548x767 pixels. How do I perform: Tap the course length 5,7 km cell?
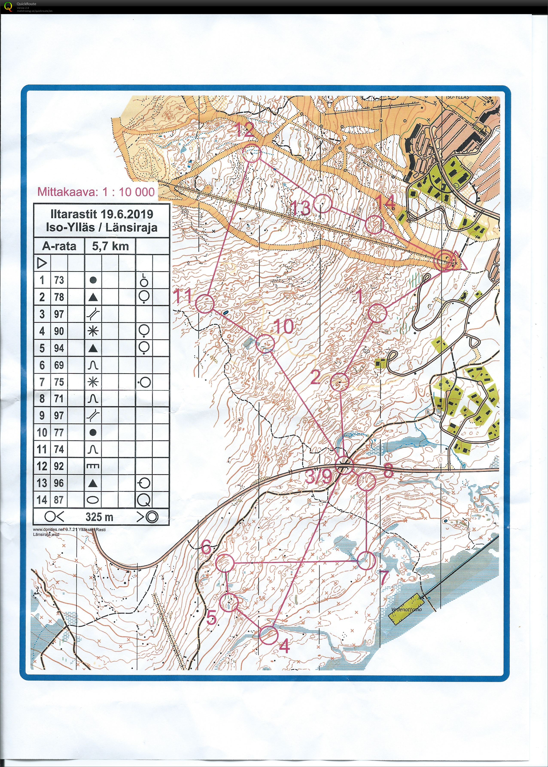coord(110,246)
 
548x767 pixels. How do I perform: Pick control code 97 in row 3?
coord(59,314)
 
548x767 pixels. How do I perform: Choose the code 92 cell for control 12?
coord(59,466)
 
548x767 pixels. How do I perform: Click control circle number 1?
coord(377,313)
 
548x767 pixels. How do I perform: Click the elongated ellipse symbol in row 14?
coord(93,500)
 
